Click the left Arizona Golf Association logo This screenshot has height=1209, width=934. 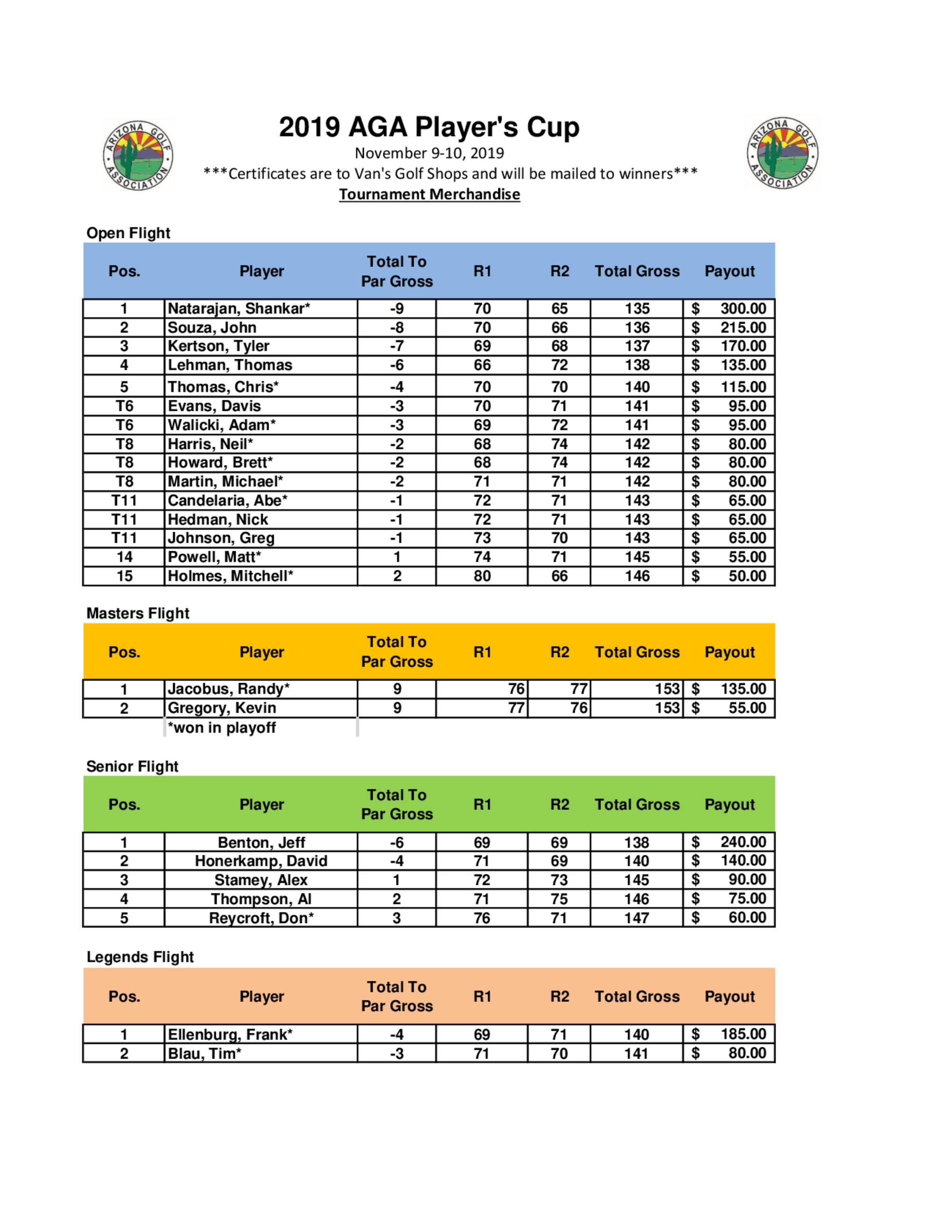coord(138,156)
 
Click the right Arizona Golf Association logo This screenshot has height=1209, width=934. coord(782,153)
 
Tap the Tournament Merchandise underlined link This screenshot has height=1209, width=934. coord(429,194)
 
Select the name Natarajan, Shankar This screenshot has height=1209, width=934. coord(239,308)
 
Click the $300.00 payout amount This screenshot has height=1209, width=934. coord(743,308)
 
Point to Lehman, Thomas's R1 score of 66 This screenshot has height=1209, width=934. coord(482,365)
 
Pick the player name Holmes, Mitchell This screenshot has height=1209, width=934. coord(230,576)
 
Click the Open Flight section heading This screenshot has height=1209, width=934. coord(128,233)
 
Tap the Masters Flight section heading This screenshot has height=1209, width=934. coord(138,613)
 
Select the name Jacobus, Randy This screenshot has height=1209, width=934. coord(228,689)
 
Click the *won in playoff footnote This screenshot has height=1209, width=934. coord(222,728)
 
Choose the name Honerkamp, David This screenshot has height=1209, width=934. coord(261,861)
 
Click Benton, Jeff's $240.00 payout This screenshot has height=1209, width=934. coord(743,842)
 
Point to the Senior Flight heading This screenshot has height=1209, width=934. coord(132,767)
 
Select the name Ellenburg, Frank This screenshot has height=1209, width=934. coord(230,1035)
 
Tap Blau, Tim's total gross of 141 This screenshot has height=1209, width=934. coord(637,1053)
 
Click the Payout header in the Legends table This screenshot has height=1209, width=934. coord(729,996)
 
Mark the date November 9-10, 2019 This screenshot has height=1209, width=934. coord(429,153)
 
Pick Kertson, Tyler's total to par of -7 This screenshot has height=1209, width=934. coord(397,346)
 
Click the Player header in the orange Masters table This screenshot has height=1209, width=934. coord(261,652)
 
